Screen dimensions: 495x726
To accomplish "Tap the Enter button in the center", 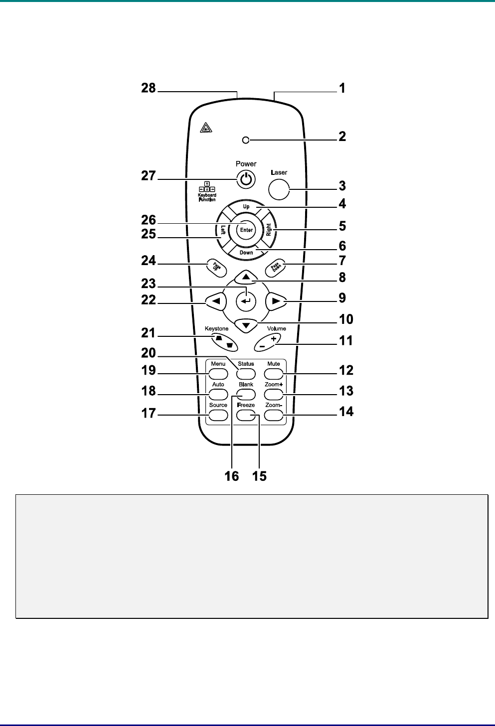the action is click(246, 230).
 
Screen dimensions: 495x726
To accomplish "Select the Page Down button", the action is click(276, 267).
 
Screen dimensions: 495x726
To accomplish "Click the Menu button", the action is click(218, 373).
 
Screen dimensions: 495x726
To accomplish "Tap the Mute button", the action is click(274, 373).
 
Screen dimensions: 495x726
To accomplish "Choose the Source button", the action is click(218, 415).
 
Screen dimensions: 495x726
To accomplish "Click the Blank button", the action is click(246, 394).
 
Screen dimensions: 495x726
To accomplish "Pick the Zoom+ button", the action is click(274, 394).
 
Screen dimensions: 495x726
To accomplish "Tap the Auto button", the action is click(218, 394).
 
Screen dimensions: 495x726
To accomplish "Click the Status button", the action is click(246, 373).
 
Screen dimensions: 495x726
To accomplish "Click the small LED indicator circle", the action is click(245, 141).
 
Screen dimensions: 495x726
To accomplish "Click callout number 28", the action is click(149, 89).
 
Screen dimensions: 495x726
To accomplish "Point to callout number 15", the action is click(259, 476).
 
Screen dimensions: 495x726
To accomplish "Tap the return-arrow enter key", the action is click(245, 301).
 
